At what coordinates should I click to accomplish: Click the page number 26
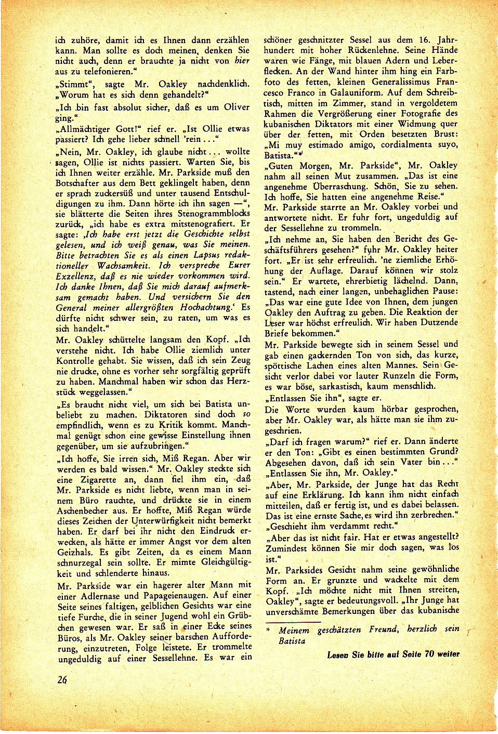62,679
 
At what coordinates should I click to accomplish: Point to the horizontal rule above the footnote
293,621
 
